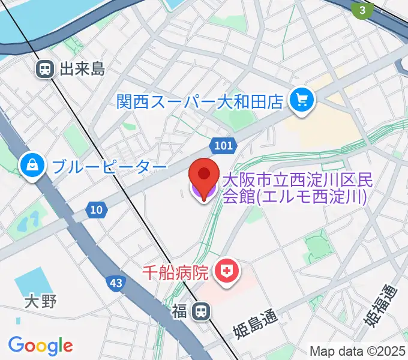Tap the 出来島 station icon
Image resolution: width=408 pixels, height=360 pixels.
point(44,69)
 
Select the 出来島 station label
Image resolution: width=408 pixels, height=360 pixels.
point(82,69)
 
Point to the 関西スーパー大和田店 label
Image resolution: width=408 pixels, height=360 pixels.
point(200,100)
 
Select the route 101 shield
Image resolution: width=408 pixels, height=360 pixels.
point(223,146)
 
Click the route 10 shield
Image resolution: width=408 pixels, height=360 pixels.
point(96,209)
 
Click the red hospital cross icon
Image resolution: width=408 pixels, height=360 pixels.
point(228,272)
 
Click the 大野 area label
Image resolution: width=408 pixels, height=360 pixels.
point(41,301)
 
